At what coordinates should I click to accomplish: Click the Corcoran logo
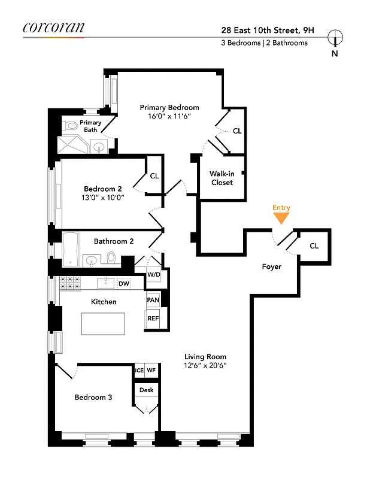point(53,28)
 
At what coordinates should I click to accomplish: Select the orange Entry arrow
point(281,219)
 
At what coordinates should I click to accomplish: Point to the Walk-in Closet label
point(221,178)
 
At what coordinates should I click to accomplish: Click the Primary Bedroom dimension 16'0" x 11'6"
point(169,117)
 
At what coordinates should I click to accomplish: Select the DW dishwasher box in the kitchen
point(124,284)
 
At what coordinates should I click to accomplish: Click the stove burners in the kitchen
point(70,283)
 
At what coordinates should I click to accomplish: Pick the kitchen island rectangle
point(104,324)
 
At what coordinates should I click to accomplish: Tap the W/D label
point(154,275)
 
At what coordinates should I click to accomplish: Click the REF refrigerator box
point(153,319)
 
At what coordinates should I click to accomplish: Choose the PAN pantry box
point(153,299)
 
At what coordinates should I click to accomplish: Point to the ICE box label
point(139,371)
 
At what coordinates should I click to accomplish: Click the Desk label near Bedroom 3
point(146,390)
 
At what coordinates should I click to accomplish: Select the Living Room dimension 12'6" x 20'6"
point(205,365)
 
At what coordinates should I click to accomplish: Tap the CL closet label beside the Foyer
point(314,246)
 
